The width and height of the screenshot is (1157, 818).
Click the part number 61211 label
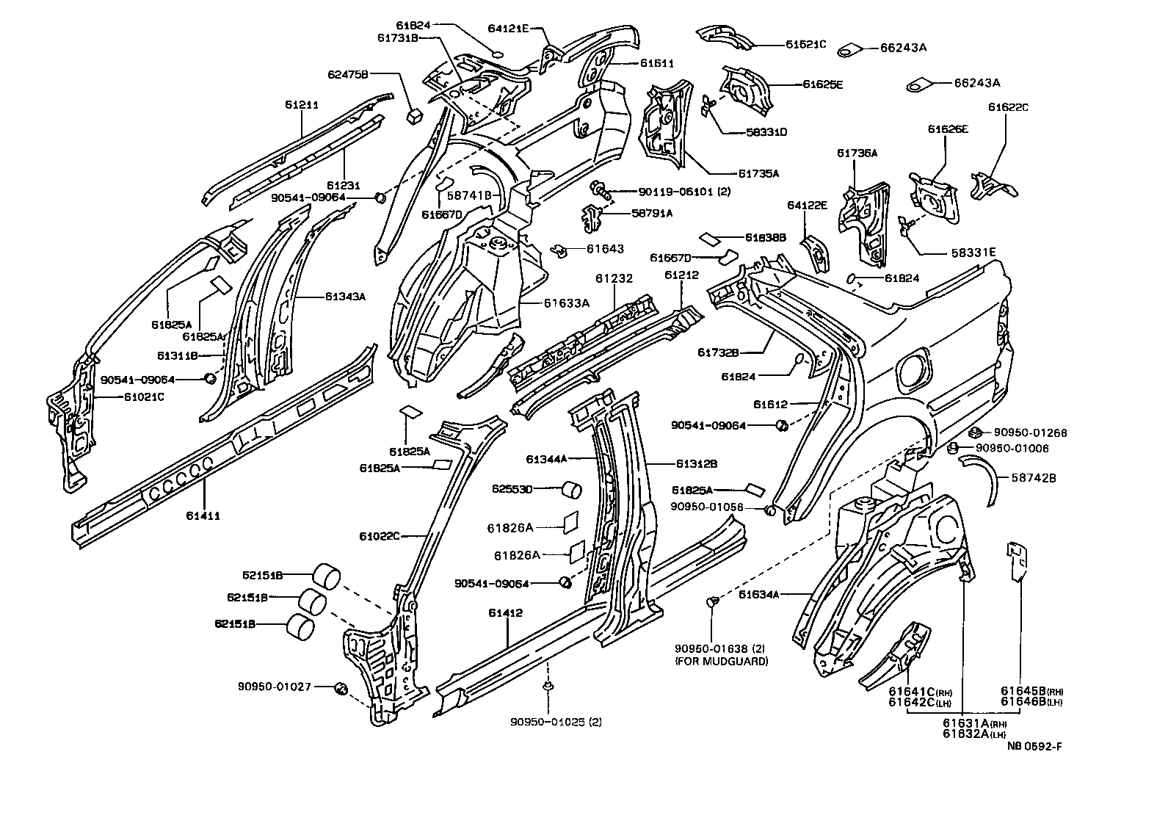tap(301, 104)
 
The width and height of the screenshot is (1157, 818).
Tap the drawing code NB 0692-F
tap(1034, 747)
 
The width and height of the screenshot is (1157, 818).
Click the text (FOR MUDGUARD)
tap(721, 661)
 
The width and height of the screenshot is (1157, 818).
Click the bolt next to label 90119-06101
tap(600, 190)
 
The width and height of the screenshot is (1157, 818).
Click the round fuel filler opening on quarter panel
tap(915, 368)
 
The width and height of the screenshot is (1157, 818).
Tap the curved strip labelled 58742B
tap(982, 477)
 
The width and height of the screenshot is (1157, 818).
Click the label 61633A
tap(567, 302)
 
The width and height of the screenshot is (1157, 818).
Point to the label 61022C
tap(379, 536)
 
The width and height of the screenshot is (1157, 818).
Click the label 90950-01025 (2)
tap(556, 722)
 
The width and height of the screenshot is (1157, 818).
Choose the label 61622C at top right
tap(1008, 107)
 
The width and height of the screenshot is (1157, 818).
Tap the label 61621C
tap(805, 44)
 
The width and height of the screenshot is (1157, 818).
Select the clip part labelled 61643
tap(560, 252)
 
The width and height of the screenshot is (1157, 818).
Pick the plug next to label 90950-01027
tap(341, 687)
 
